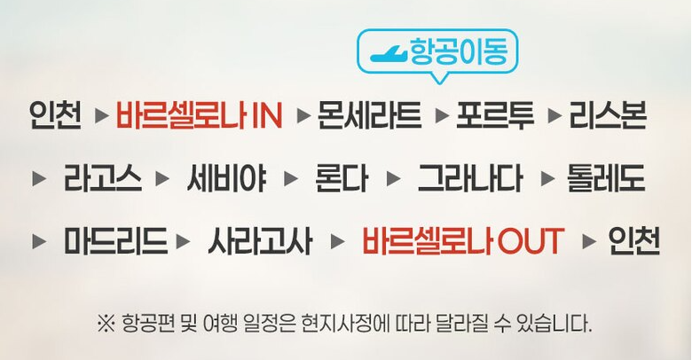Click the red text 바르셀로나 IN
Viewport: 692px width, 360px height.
[199, 115]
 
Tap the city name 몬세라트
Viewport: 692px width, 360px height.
[369, 115]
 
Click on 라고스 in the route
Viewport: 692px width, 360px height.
[102, 178]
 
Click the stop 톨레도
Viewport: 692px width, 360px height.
[605, 178]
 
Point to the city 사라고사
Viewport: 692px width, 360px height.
[260, 241]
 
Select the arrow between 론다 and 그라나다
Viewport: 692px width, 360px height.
[394, 178]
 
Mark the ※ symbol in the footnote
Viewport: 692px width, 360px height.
[106, 321]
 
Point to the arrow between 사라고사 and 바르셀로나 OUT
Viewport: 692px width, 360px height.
[336, 241]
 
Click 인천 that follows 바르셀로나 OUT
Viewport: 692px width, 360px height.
[633, 241]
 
